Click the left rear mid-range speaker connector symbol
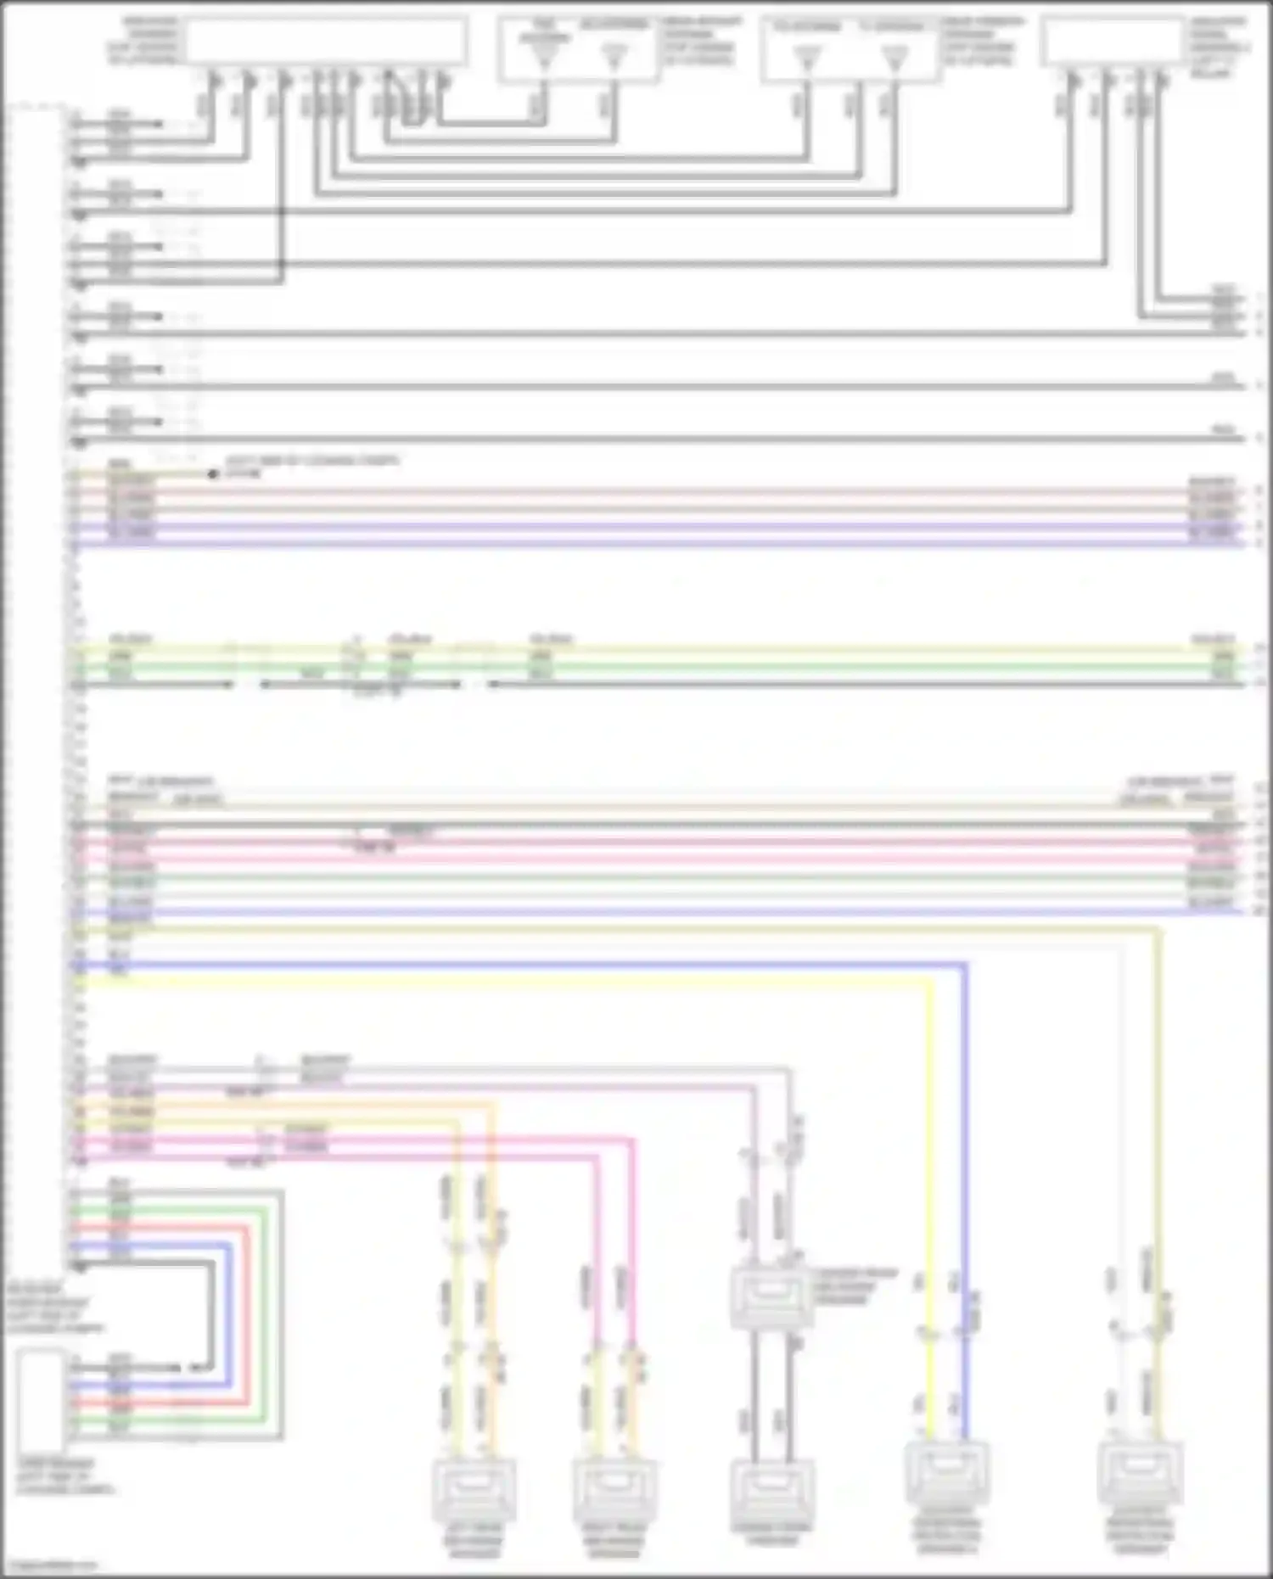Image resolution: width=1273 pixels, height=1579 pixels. tap(474, 1491)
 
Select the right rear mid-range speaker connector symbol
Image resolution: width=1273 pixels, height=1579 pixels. tap(614, 1491)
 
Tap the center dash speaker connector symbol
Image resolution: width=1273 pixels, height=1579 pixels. tap(771, 1489)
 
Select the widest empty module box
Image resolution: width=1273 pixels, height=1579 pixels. tap(326, 41)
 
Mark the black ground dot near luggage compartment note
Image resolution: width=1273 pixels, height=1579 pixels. tap(212, 473)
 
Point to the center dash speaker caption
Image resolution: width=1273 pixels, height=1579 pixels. tap(771, 1536)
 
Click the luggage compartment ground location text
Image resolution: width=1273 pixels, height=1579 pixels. tap(311, 466)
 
